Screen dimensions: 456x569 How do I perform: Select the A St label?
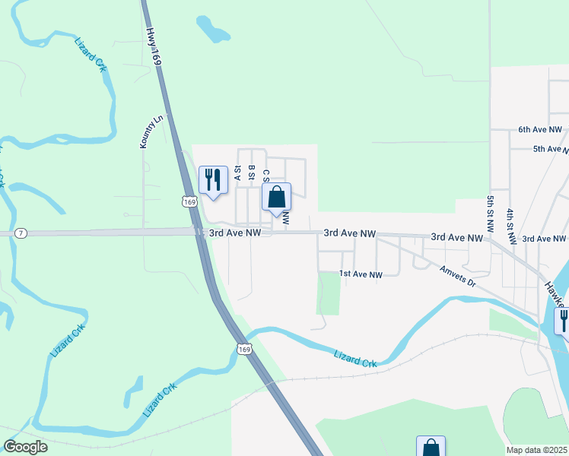[238, 173]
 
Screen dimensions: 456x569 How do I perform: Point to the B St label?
[251, 173]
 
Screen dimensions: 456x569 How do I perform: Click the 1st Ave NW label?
[361, 274]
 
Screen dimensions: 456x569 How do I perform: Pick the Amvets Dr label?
[457, 277]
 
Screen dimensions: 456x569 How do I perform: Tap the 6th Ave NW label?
[539, 130]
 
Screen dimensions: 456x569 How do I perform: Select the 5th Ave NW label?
[549, 149]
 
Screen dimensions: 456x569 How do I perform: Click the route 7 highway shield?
[21, 233]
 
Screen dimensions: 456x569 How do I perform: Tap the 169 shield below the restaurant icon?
[189, 201]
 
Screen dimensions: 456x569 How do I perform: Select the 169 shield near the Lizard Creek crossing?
[243, 349]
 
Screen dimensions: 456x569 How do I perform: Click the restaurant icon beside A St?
[213, 180]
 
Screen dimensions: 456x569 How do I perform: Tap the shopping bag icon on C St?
[277, 197]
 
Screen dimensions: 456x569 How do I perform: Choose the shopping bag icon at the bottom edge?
[431, 447]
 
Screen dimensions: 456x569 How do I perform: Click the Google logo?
[25, 447]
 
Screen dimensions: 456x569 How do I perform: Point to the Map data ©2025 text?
[536, 450]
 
